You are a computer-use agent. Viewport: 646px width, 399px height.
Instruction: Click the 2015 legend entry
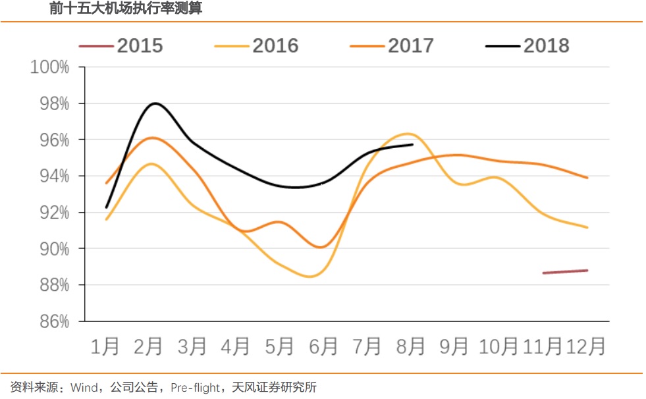(121, 45)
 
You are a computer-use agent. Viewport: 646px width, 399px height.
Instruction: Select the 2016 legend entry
(257, 45)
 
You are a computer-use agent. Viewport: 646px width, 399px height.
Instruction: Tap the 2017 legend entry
(392, 45)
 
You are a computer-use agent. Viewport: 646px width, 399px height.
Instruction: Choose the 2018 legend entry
(527, 45)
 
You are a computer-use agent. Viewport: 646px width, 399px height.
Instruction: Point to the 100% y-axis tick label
(49, 67)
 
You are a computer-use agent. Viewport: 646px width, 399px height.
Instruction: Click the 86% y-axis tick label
(53, 322)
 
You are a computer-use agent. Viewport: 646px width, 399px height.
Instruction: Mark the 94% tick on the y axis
(53, 176)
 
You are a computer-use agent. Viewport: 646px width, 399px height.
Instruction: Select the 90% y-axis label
(53, 249)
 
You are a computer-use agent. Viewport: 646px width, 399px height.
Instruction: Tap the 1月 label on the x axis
(105, 346)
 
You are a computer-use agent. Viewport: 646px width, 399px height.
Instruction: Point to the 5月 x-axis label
(279, 346)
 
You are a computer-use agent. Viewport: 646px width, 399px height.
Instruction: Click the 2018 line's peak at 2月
(155, 103)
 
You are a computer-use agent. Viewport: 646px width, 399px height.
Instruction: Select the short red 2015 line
(565, 271)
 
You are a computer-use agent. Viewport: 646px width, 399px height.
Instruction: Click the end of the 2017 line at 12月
(587, 178)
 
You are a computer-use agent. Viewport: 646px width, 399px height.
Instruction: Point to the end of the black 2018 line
(412, 144)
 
